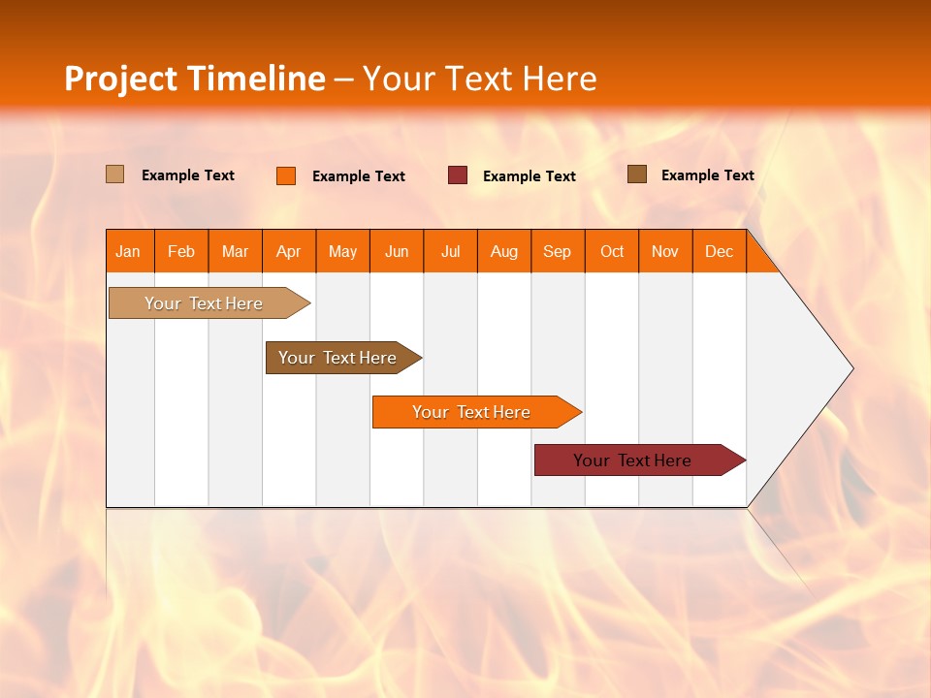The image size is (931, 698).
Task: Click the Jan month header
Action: click(x=129, y=251)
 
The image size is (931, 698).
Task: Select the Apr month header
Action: click(x=289, y=251)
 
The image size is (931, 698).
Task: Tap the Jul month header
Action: click(x=450, y=251)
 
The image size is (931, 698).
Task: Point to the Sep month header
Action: click(x=558, y=251)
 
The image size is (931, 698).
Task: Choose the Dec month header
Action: click(x=719, y=251)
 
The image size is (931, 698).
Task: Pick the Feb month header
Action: click(x=181, y=251)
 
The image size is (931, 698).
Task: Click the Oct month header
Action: click(x=612, y=251)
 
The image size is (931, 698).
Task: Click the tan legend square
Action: click(x=115, y=174)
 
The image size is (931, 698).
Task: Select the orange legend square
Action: click(x=286, y=175)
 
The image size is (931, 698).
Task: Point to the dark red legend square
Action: click(x=458, y=175)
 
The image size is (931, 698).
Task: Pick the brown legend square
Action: click(x=637, y=174)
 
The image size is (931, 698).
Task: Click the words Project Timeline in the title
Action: click(x=195, y=79)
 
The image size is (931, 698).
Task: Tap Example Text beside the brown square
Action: click(x=707, y=175)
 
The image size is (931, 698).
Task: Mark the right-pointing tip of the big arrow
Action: click(x=851, y=368)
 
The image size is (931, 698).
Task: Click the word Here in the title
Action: click(x=560, y=79)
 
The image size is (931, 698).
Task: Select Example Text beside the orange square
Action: click(x=358, y=176)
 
